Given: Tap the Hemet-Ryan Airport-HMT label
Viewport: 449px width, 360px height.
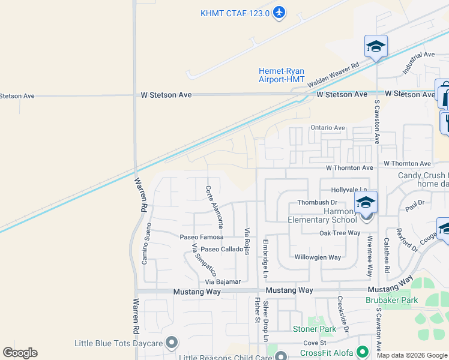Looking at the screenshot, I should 282,75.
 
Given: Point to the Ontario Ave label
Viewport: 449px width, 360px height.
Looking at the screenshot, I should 328,128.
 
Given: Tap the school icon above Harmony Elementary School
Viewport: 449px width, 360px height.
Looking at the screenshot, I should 366,202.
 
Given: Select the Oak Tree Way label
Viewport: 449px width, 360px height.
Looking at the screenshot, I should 339,233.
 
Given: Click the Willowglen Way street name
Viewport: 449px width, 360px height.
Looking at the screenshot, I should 318,257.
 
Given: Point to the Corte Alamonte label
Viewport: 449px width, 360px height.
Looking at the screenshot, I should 214,206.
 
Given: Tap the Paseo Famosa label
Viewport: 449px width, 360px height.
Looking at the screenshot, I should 202,237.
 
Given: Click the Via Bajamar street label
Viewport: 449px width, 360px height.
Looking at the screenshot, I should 223,281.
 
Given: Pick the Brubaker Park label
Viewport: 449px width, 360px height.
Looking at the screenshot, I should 391,300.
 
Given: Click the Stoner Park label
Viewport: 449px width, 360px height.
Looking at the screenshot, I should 315,329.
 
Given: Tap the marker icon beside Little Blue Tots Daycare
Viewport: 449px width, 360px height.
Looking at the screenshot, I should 172,343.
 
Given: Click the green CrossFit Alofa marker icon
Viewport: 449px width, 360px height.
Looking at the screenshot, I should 362,352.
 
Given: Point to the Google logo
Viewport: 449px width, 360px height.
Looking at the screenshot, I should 20,353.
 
